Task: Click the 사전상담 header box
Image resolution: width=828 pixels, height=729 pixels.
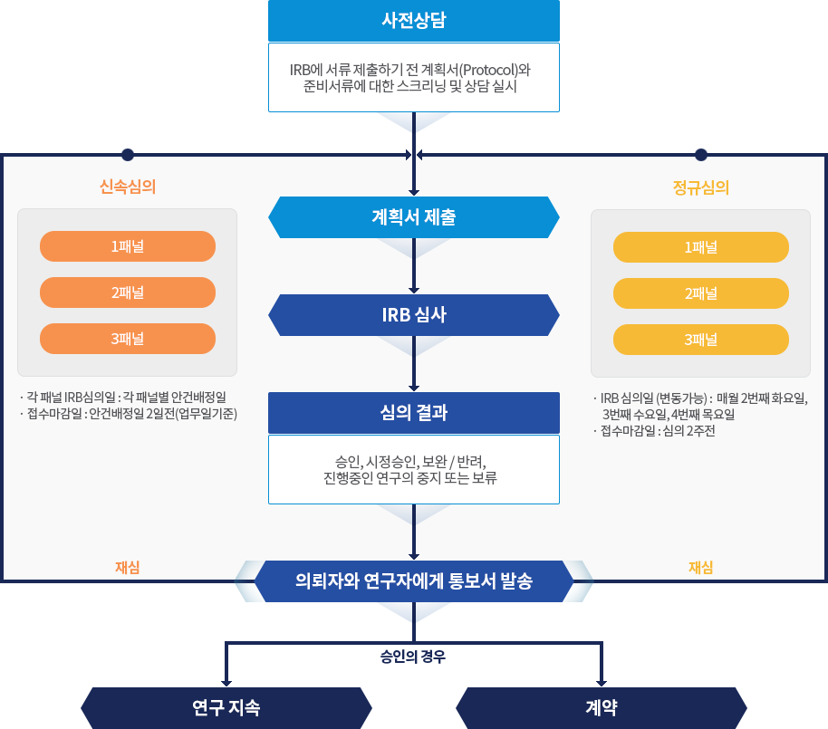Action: (x=414, y=21)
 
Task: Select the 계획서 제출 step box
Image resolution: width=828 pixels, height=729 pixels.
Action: (x=414, y=217)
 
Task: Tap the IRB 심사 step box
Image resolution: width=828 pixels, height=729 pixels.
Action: (x=414, y=315)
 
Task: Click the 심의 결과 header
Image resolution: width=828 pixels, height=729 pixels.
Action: (x=414, y=413)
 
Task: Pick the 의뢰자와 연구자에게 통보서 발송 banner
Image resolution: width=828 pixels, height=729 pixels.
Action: (x=414, y=581)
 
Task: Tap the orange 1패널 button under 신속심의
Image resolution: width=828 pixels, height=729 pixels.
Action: (x=128, y=246)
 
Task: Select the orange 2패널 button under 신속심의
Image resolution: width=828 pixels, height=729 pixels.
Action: (x=128, y=293)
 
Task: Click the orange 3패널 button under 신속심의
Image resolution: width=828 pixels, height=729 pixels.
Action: (x=128, y=339)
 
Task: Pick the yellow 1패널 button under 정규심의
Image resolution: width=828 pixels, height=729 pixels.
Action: (x=700, y=247)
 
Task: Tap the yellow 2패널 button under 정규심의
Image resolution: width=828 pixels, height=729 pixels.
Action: (x=700, y=293)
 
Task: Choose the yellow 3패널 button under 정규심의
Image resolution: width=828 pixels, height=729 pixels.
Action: (x=700, y=340)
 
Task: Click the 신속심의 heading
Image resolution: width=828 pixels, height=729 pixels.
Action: (x=128, y=187)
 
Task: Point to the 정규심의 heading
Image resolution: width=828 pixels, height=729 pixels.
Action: (x=701, y=187)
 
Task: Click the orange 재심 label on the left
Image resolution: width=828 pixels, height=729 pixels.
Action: (x=128, y=567)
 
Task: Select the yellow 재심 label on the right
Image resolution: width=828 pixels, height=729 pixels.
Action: (x=700, y=568)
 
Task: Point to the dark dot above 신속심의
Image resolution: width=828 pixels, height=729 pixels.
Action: (x=128, y=154)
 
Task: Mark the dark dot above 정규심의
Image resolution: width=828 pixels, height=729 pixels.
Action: (x=700, y=154)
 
